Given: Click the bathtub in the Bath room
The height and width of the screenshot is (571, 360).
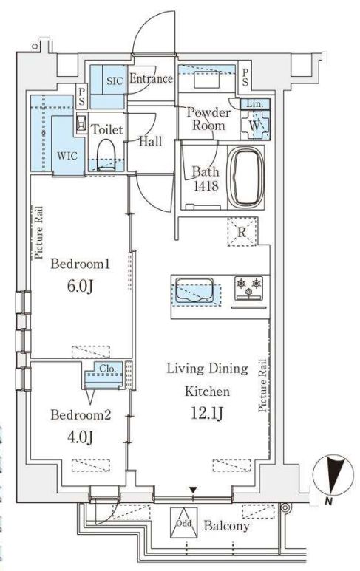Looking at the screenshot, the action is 248,177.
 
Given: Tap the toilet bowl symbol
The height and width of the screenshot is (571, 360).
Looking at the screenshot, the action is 106,154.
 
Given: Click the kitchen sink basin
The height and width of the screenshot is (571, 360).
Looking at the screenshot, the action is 194,290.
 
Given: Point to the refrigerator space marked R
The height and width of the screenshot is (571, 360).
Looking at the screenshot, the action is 242,232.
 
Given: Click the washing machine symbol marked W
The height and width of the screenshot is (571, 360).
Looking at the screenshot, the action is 255,125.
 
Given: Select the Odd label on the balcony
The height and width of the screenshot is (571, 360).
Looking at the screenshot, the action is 183,523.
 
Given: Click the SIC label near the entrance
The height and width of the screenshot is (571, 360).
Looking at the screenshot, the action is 115,81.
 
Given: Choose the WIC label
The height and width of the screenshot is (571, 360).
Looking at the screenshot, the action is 67,156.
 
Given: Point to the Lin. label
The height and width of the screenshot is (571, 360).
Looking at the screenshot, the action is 255,104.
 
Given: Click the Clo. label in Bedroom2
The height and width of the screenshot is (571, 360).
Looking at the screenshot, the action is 107,369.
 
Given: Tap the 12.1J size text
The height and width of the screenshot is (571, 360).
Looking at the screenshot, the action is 207,414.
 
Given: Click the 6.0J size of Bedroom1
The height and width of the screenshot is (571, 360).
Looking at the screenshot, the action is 80,287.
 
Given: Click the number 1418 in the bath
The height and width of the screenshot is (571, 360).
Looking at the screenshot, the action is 206,185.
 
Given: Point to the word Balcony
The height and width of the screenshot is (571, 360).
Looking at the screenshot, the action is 226,526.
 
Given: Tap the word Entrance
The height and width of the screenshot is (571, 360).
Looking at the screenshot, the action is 151,78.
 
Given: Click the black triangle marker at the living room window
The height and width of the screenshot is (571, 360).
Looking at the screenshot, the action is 193,490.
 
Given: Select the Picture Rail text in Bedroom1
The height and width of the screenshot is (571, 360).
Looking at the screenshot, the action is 38,233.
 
